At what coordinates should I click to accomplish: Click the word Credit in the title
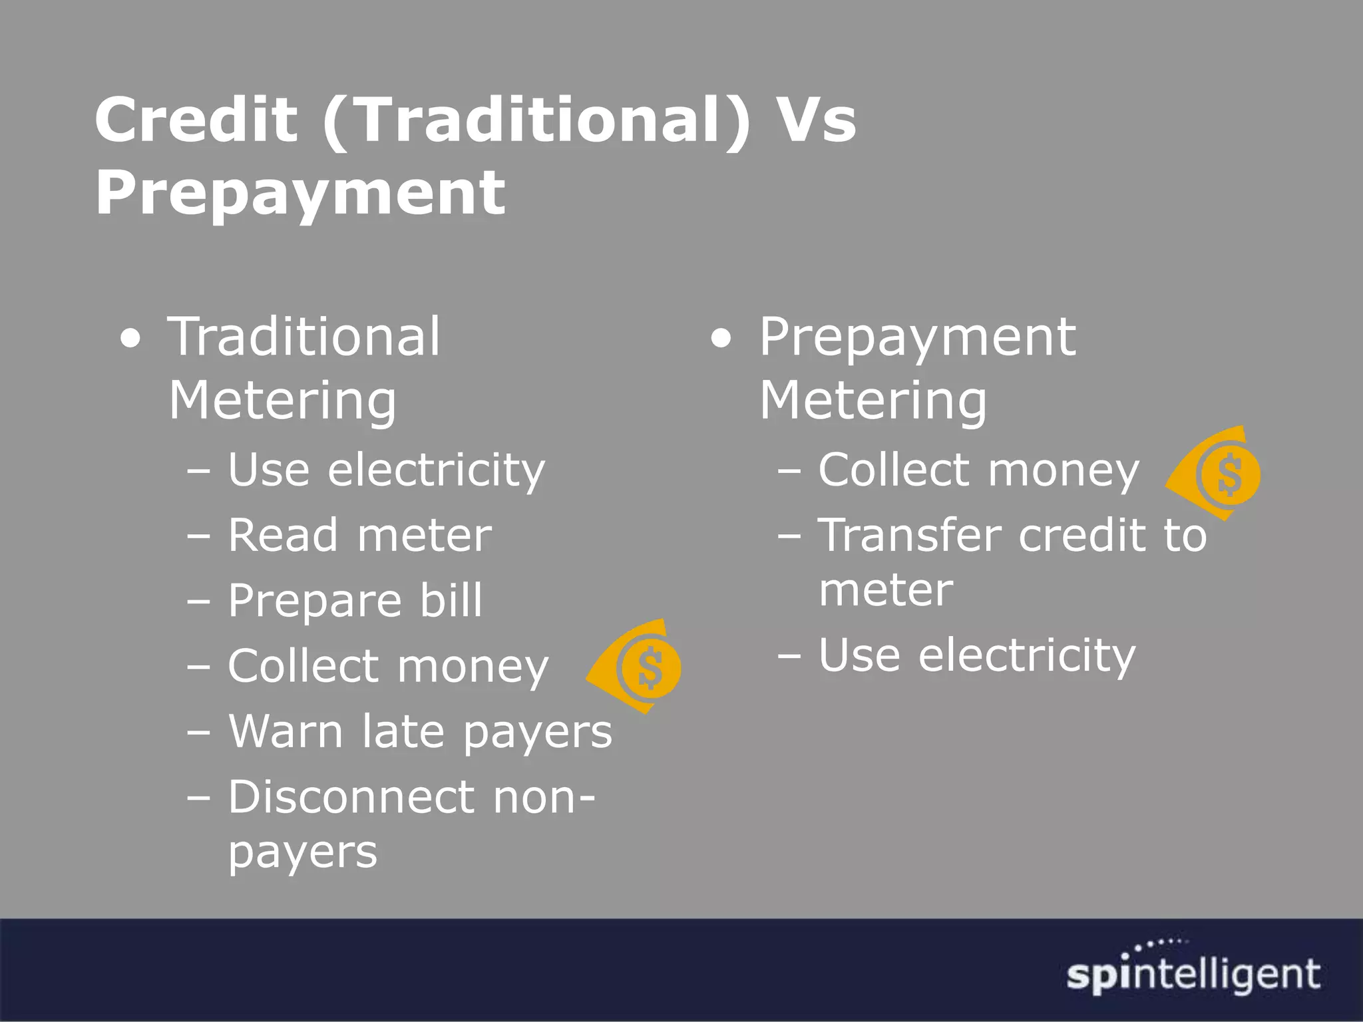click(196, 120)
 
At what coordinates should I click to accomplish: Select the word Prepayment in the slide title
click(300, 194)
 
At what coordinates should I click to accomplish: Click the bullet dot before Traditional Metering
click(131, 339)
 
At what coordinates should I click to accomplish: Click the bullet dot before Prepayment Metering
click(721, 339)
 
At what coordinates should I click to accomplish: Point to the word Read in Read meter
click(282, 535)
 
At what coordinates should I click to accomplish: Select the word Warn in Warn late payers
click(286, 731)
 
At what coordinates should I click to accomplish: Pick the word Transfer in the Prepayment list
click(909, 535)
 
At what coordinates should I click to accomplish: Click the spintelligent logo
click(1193, 972)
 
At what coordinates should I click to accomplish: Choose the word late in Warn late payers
click(403, 731)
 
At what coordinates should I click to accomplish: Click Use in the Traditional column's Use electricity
click(269, 470)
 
